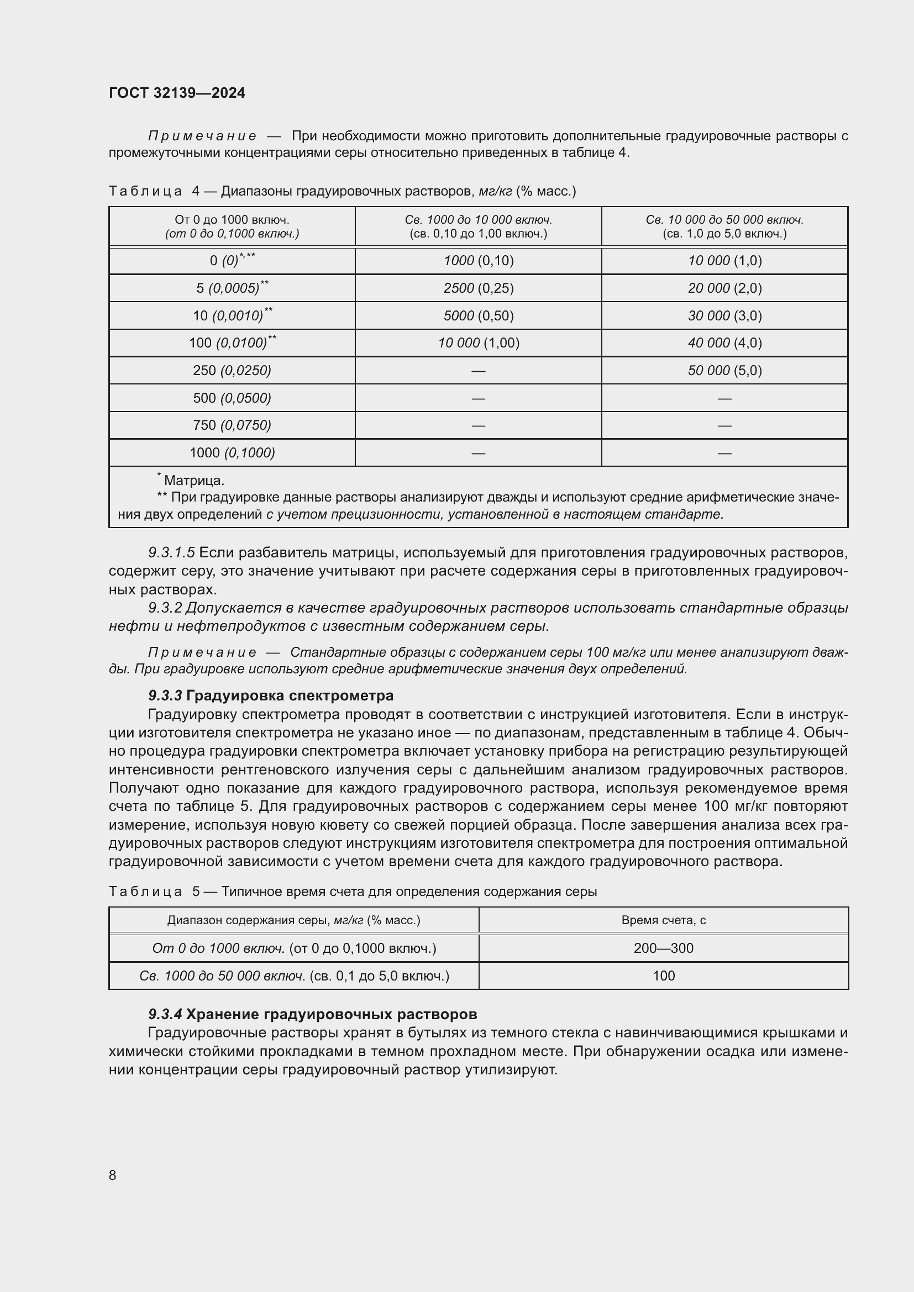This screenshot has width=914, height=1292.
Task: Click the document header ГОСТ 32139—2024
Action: point(177,93)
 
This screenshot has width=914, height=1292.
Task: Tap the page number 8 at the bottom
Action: point(113,1175)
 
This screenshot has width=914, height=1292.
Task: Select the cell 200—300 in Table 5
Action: point(663,948)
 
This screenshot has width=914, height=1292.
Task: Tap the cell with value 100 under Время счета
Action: point(663,975)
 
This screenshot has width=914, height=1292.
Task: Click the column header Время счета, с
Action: point(663,920)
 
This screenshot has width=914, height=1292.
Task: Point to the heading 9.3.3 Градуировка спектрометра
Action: point(270,695)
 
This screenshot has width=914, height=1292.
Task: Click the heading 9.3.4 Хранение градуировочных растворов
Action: point(312,1014)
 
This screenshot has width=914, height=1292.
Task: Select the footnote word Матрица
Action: point(193,481)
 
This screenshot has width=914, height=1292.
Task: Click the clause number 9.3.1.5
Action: point(171,552)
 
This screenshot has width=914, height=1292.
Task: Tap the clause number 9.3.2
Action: point(165,608)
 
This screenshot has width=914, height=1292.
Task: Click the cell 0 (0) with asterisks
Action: point(232,261)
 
